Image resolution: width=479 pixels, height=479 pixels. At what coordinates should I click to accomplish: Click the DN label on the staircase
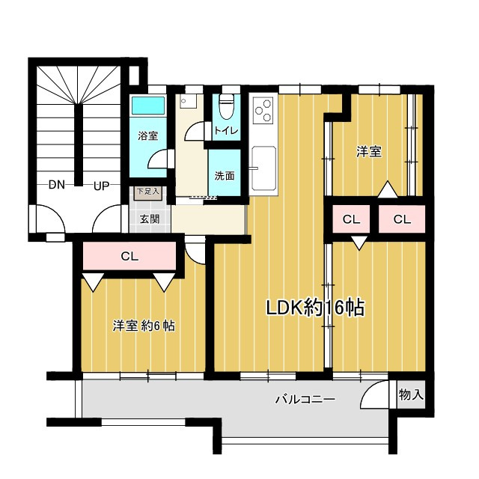(57, 185)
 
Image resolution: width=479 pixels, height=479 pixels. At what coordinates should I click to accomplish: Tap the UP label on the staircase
(101, 186)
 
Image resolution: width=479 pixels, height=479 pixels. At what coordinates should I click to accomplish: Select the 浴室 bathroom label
(148, 135)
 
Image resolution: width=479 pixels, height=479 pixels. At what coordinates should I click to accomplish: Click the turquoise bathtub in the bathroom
(148, 106)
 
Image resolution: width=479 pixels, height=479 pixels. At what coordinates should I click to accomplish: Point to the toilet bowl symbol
(226, 106)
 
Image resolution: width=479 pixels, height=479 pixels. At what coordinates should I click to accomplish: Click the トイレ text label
(226, 131)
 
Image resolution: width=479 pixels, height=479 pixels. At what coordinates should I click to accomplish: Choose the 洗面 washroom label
(225, 176)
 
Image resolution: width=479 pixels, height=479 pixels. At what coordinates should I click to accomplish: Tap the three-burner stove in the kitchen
(263, 111)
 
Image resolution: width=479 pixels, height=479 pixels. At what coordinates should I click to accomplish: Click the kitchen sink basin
(263, 168)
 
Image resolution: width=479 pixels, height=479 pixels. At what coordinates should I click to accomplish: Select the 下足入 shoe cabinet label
(148, 192)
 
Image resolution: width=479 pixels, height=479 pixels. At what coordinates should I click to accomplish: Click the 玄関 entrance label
(150, 219)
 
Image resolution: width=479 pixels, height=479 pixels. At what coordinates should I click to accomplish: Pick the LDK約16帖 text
(315, 308)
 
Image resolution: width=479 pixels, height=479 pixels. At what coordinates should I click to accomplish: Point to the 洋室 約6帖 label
(144, 326)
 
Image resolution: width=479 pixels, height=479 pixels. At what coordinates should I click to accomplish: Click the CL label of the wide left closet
(129, 256)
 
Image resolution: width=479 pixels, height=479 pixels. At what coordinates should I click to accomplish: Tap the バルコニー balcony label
(305, 399)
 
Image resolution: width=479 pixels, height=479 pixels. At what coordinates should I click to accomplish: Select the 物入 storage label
(411, 394)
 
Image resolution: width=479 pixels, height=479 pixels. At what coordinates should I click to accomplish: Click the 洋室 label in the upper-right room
(369, 151)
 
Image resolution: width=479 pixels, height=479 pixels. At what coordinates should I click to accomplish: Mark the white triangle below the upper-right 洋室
(388, 189)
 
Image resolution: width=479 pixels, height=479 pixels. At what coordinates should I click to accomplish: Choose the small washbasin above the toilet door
(188, 101)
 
